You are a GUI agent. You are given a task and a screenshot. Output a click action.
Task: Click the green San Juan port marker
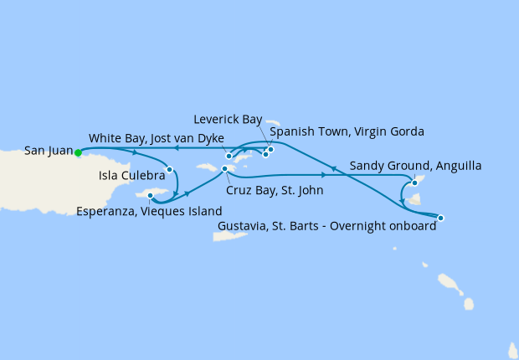[78, 152]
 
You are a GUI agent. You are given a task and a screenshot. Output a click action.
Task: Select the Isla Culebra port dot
[170, 169]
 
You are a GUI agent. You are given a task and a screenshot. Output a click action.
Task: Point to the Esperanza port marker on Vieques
[151, 196]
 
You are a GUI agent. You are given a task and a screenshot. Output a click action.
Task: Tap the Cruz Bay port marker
[224, 170]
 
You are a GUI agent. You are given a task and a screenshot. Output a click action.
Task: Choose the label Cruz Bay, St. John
[275, 191]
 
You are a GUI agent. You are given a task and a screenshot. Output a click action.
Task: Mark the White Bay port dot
[229, 156]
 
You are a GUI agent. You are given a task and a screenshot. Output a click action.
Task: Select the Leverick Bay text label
[228, 120]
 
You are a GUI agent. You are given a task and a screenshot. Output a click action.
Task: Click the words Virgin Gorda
[390, 132]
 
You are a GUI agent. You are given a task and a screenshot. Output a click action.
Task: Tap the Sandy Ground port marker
[414, 183]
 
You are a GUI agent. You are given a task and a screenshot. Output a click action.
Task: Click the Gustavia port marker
[441, 218]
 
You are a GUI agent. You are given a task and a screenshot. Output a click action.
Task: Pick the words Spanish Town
[305, 132]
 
